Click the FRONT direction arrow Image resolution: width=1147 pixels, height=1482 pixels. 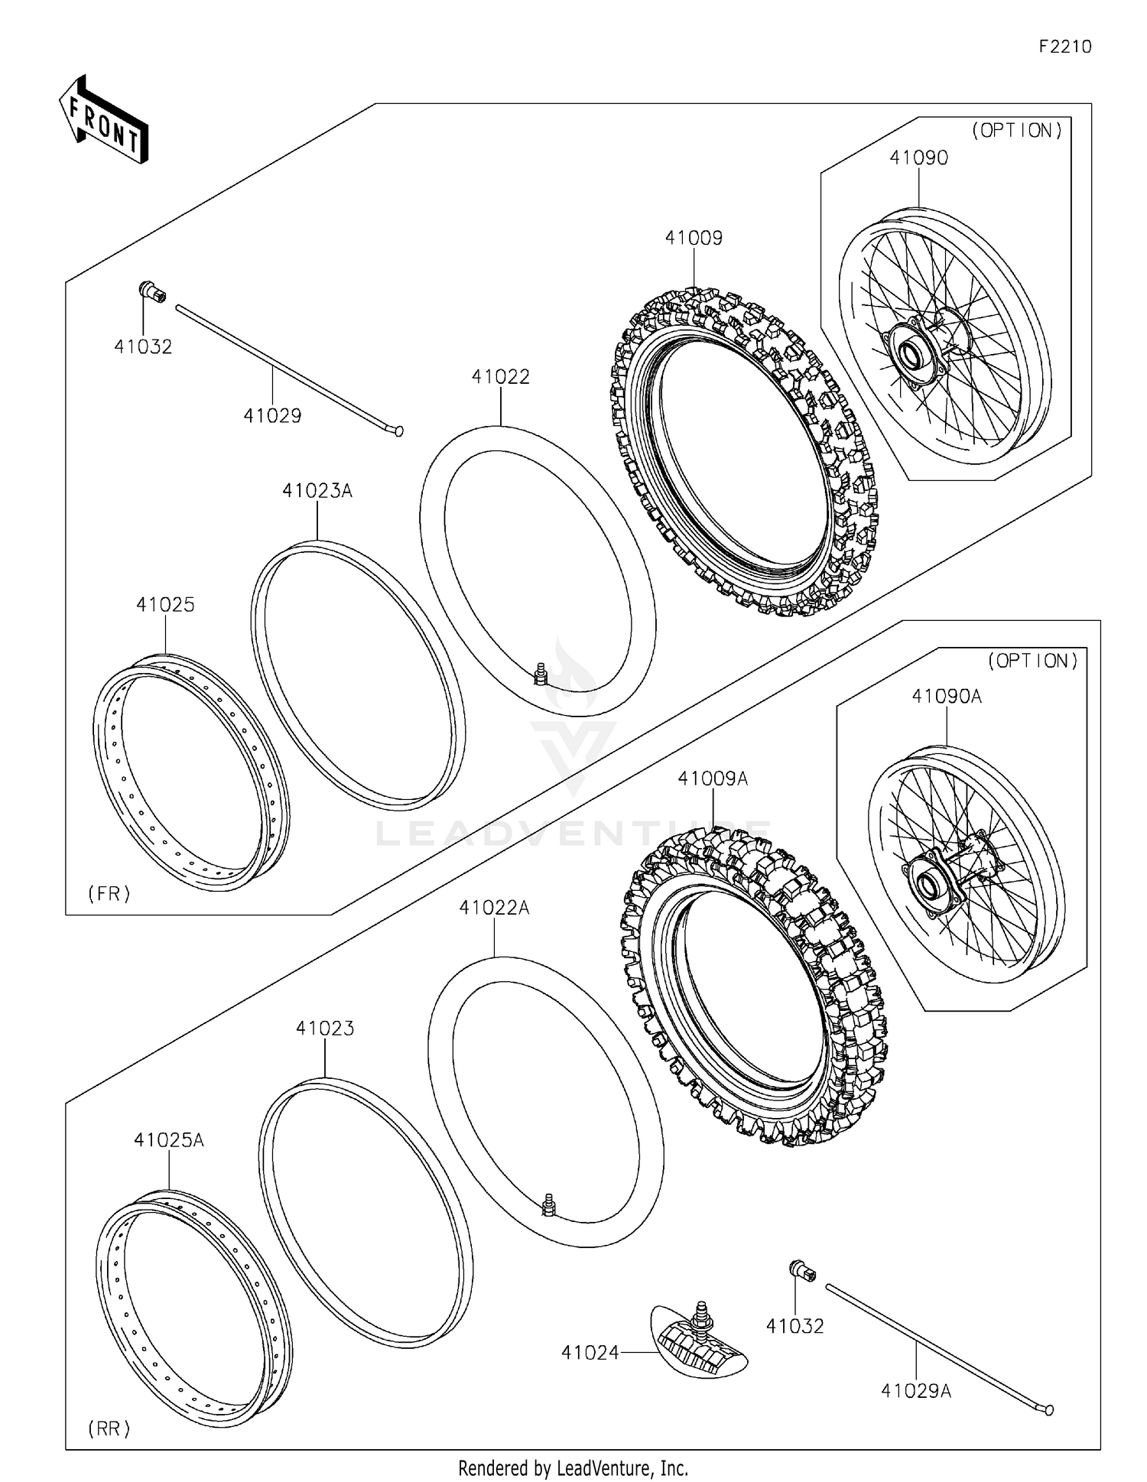[104, 120]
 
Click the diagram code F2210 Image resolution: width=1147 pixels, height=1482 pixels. [1065, 47]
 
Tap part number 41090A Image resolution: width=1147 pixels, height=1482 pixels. [946, 697]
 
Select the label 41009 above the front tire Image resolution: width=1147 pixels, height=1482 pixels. [694, 238]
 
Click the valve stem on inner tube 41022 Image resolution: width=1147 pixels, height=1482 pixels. [540, 674]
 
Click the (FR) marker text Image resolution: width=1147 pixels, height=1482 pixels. [109, 893]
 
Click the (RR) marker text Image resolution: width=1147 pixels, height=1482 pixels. [109, 1428]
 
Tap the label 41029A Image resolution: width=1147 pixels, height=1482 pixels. [915, 1391]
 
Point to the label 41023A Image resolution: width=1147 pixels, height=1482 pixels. [317, 491]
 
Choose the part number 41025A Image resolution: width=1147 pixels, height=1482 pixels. [168, 1140]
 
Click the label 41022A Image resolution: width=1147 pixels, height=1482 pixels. [494, 908]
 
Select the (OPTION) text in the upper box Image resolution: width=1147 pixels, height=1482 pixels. [1017, 131]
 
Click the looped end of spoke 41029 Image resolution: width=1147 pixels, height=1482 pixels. [398, 431]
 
